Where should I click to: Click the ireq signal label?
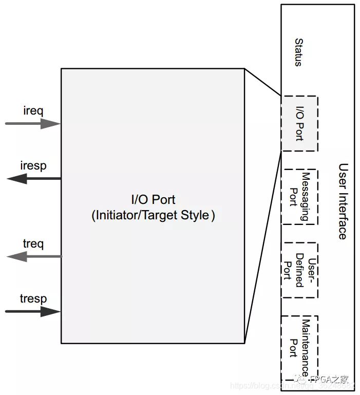click(33, 110)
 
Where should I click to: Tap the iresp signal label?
click(33, 165)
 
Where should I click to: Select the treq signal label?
click(33, 243)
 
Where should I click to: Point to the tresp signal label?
click(33, 298)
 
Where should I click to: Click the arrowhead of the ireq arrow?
click(51, 123)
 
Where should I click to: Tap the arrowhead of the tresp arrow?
click(51, 311)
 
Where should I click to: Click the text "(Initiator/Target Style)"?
click(153, 215)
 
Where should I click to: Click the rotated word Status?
click(298, 52)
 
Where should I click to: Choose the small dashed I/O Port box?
click(299, 123)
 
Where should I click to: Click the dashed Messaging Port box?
click(299, 197)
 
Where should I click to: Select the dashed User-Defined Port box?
click(299, 270)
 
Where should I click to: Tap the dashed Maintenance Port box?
click(299, 347)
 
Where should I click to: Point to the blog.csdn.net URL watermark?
click(267, 385)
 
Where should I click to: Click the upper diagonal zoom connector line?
click(263, 82)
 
